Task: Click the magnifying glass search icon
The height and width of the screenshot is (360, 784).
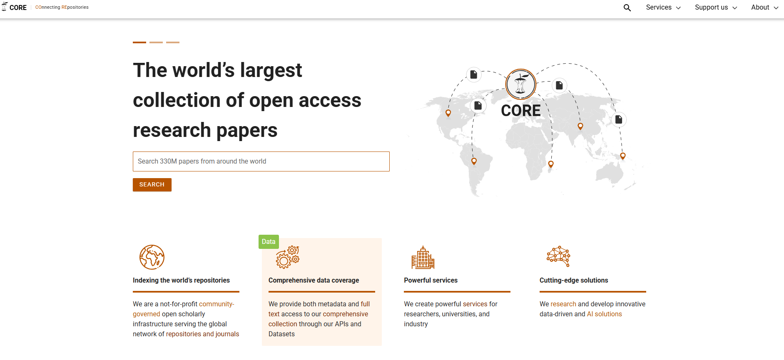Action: point(627,7)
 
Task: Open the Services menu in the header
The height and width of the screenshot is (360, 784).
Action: point(663,7)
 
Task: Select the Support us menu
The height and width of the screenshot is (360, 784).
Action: point(716,7)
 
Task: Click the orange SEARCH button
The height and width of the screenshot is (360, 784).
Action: point(152,185)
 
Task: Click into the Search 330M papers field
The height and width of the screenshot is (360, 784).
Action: point(261,161)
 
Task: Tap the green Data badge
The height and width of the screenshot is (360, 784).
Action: point(269,242)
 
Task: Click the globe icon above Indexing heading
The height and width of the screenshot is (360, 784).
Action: point(152,257)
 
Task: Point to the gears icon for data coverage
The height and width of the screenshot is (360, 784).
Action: point(288,257)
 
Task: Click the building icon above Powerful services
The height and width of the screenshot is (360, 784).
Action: point(423,257)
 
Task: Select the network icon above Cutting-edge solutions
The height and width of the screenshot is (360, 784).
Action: point(558,256)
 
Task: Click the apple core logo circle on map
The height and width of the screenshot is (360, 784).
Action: point(520,84)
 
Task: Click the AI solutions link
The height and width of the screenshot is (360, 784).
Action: point(604,314)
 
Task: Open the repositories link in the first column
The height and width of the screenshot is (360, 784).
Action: point(184,334)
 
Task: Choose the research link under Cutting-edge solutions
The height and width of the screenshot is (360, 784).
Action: point(563,304)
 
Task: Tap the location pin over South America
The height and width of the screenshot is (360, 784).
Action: point(474,161)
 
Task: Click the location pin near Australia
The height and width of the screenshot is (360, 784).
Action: point(623,156)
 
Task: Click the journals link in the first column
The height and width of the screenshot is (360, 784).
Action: point(227,334)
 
